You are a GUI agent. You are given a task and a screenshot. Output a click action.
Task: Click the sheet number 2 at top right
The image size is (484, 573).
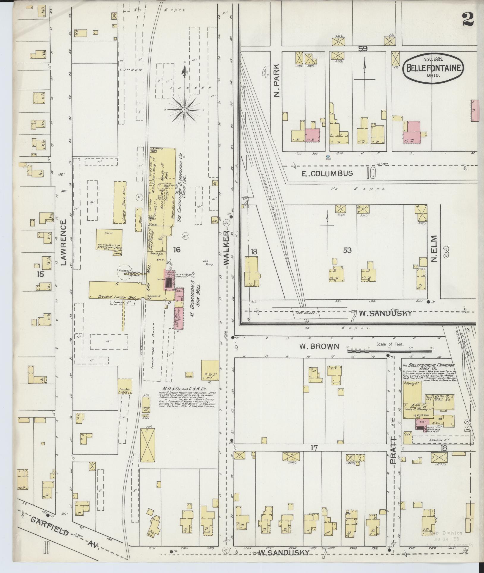(468, 20)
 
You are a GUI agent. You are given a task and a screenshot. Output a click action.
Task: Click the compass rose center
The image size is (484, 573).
(184, 110)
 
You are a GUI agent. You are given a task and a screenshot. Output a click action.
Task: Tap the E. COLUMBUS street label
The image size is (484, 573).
(327, 173)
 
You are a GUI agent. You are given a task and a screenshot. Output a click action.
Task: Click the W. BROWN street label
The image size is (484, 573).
(319, 346)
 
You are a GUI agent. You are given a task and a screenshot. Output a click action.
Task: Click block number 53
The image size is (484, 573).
(347, 250)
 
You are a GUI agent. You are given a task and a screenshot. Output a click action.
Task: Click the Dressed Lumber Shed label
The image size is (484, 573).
(113, 296)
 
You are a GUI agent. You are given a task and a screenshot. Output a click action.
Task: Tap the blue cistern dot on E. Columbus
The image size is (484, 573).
(328, 156)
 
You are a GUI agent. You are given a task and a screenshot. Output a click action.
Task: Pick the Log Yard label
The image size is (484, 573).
(208, 262)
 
